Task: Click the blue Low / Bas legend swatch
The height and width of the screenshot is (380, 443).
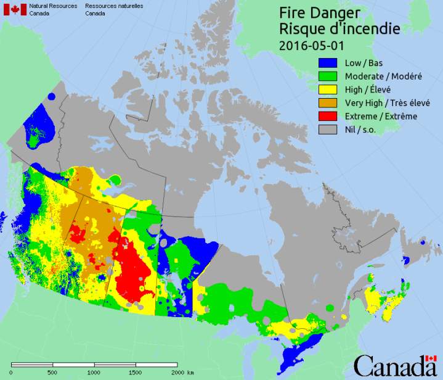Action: [x=328, y=62]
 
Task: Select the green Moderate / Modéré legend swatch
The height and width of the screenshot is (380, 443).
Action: [x=328, y=76]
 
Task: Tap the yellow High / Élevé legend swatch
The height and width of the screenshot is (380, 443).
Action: [x=328, y=89]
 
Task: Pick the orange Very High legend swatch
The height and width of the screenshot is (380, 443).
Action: [x=328, y=102]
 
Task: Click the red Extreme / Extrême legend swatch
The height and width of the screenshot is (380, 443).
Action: [x=328, y=116]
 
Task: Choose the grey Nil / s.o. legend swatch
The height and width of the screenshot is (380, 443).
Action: [x=328, y=130]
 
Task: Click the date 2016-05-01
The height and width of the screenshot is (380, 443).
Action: [x=311, y=45]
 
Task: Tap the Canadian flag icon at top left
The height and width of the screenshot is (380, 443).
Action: [x=15, y=9]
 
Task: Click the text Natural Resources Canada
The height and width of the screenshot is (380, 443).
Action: [x=57, y=9]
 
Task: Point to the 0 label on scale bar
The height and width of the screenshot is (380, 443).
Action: [x=10, y=373]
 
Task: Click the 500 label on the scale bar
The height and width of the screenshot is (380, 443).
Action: [x=52, y=373]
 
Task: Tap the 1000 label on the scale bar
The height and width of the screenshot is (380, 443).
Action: [x=94, y=373]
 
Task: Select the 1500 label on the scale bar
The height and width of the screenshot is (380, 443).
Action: [x=136, y=373]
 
